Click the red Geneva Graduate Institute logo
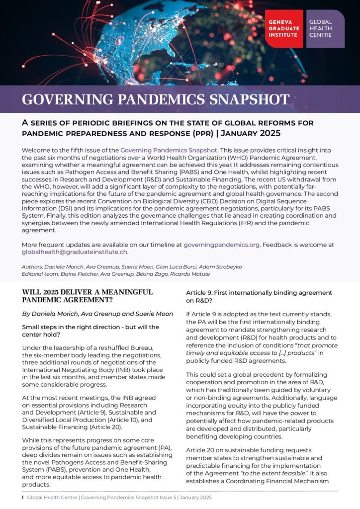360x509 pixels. coord(283,28)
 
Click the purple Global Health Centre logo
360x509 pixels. coord(325,28)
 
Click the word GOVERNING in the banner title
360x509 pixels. coord(61,99)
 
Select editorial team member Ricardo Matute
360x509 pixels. coord(193,274)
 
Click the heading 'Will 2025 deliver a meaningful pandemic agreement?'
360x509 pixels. coord(88,296)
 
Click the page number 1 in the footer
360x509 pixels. coord(23,497)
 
